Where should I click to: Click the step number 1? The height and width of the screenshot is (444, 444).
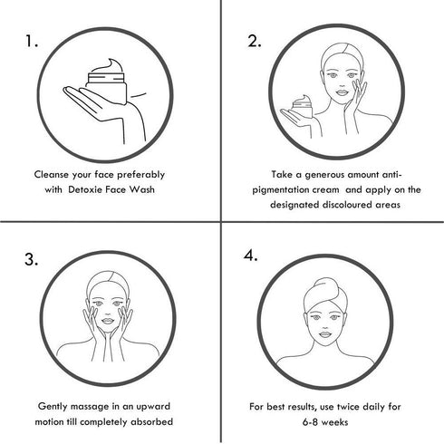(x=31, y=41)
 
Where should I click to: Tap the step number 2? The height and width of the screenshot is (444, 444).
(x=255, y=41)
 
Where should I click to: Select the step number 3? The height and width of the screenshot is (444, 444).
(x=32, y=259)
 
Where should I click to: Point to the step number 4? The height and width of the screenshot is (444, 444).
(x=251, y=256)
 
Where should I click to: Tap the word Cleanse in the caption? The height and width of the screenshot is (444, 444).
(x=52, y=175)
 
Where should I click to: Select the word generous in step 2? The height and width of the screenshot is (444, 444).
(x=324, y=175)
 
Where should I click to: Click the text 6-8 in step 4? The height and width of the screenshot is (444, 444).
(x=310, y=421)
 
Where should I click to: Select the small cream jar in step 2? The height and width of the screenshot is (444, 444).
(x=302, y=106)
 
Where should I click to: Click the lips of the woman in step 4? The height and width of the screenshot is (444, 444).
(x=325, y=334)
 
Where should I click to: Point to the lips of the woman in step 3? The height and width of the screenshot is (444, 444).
(x=108, y=320)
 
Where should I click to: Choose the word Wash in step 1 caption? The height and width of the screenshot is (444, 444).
(x=141, y=189)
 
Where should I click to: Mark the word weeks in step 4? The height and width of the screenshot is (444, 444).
(x=335, y=421)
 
